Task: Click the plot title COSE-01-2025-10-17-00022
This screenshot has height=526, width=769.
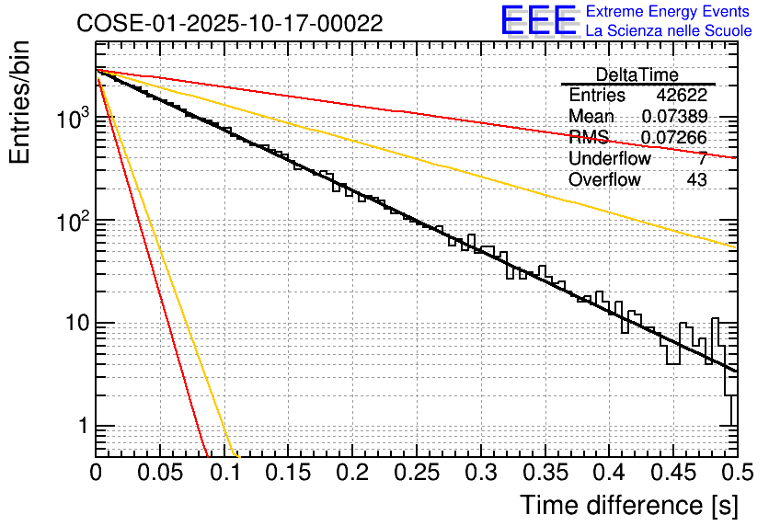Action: (230, 23)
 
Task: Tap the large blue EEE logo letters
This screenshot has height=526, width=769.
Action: (538, 20)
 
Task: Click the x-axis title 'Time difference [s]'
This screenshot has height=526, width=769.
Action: (627, 505)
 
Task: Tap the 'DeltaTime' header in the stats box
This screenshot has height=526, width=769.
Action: (637, 74)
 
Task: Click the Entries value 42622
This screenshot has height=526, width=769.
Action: (682, 96)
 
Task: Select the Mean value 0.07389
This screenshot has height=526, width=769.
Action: (674, 117)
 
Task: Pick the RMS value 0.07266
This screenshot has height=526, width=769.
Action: (674, 138)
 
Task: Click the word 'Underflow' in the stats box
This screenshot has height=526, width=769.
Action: (610, 159)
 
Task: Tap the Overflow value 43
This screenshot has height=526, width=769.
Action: (696, 180)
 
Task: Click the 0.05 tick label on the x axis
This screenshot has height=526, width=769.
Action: (160, 474)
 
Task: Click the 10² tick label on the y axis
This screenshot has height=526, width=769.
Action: (70, 221)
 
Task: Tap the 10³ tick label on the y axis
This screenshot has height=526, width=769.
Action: (70, 118)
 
